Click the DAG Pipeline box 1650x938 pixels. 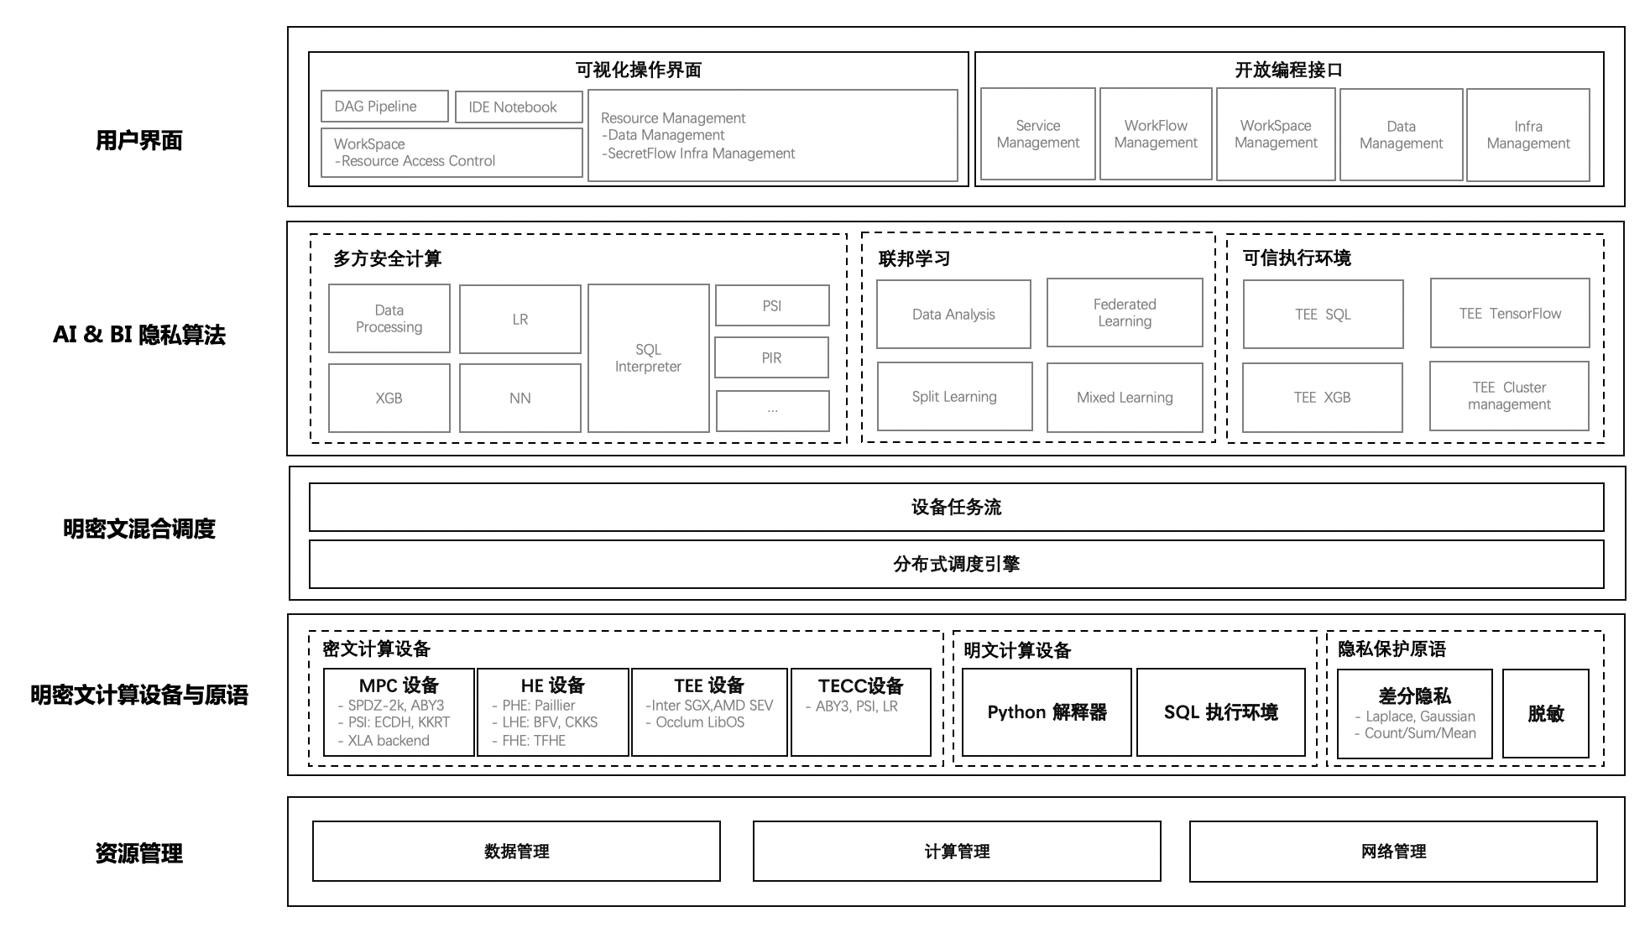tap(384, 107)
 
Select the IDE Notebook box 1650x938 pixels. tap(519, 107)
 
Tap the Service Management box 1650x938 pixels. tap(1037, 134)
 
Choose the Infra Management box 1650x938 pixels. tap(1527, 135)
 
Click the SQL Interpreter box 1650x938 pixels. tap(648, 358)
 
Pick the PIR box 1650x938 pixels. tap(771, 358)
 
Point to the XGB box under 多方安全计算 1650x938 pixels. tap(389, 398)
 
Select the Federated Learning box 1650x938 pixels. tap(1125, 313)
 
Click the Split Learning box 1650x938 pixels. tap(954, 397)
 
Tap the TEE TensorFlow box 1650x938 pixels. tap(1509, 314)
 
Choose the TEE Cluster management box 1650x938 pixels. tap(1509, 396)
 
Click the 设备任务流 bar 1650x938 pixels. tap(956, 507)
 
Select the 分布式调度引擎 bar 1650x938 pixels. tap(956, 564)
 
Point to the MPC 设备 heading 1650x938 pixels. tap(399, 685)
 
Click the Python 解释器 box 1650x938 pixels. tap(1047, 712)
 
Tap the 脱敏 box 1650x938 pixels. tap(1545, 713)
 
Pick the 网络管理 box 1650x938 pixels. tap(1392, 852)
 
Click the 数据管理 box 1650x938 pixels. tap(516, 852)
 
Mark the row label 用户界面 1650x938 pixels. tap(139, 140)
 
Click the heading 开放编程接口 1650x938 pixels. tap(1288, 70)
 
